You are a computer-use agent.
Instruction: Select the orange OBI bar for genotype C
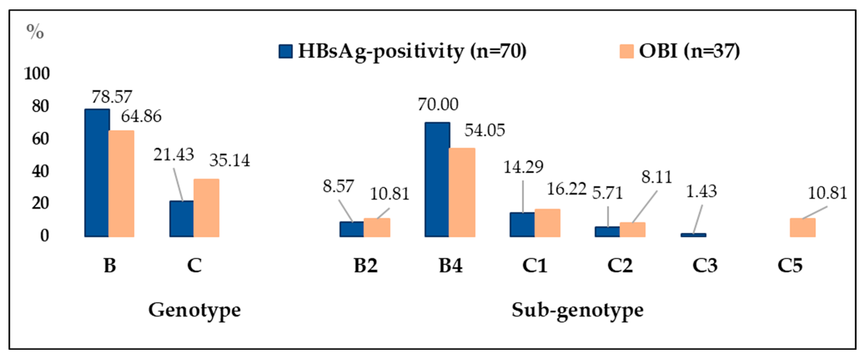(206, 208)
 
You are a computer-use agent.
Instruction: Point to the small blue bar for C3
(693, 235)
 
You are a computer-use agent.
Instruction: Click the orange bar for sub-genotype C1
(547, 223)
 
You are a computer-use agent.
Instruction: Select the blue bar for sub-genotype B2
(352, 229)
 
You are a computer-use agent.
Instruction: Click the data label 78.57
(112, 97)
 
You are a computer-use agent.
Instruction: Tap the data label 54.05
(484, 130)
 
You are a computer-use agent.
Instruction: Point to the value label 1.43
(701, 191)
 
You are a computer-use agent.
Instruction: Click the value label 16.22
(566, 189)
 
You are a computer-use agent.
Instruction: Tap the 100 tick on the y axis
(37, 73)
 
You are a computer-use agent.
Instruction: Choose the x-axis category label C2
(620, 266)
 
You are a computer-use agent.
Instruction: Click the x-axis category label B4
(450, 266)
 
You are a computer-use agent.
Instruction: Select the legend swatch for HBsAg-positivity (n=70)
(285, 51)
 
